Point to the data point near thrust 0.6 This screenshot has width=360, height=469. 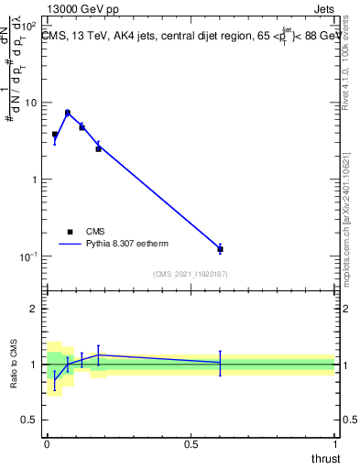coord(220,249)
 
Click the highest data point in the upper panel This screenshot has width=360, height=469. coord(68,113)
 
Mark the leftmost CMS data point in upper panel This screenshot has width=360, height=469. coord(55,135)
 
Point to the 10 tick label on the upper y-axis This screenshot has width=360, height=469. coord(31,103)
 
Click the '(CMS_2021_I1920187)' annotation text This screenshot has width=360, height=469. coord(190,274)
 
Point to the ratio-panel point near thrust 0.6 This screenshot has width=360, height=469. coord(220,363)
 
